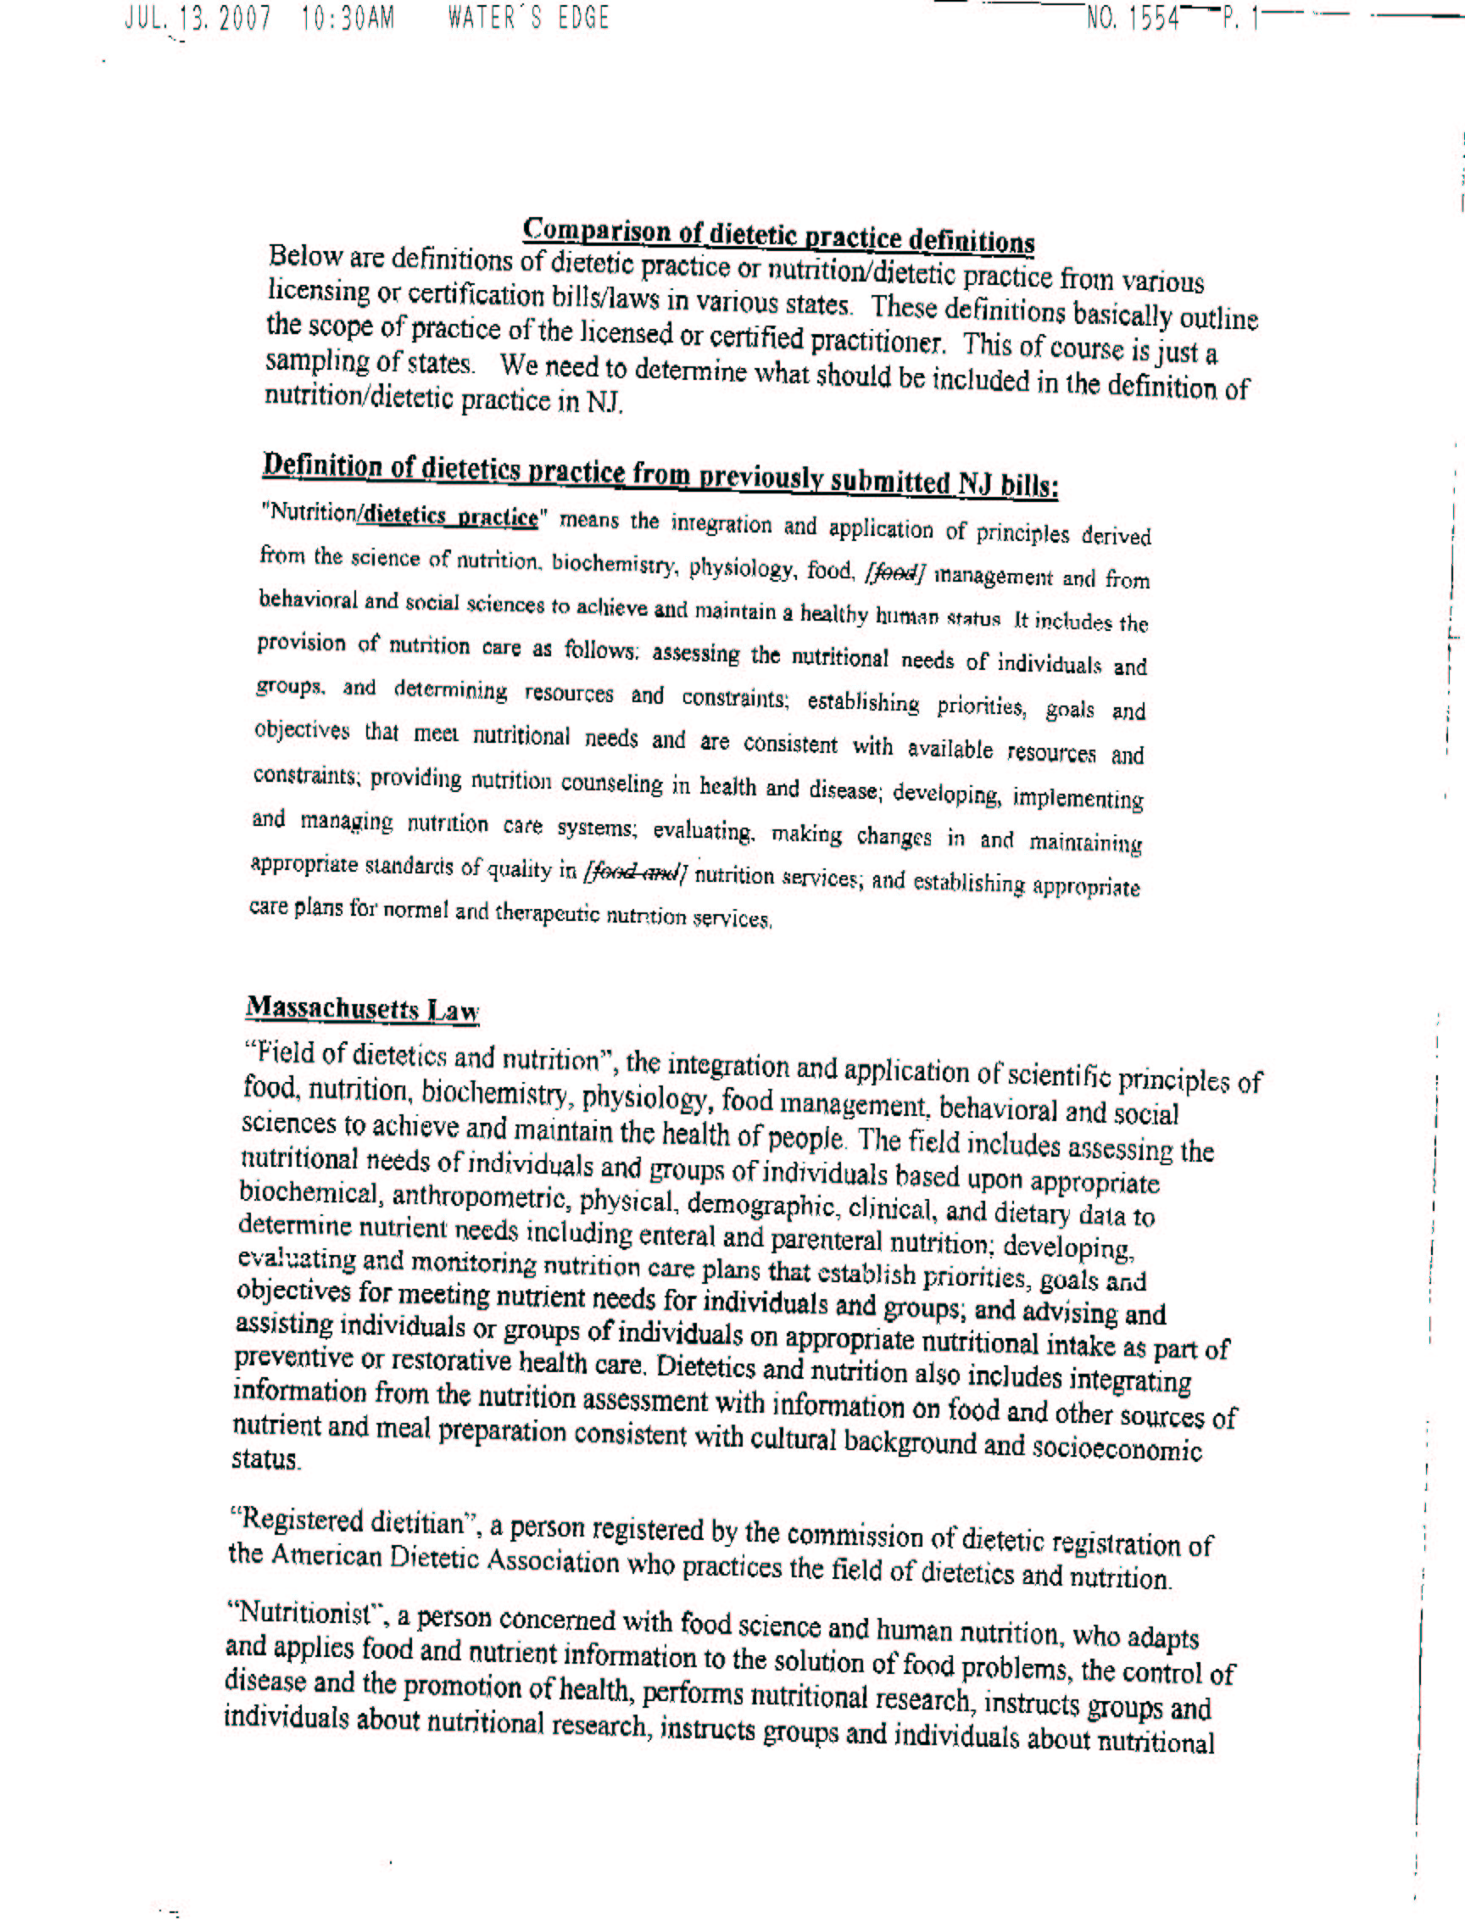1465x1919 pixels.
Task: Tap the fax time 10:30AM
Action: click(348, 19)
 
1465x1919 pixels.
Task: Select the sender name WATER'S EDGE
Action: click(528, 19)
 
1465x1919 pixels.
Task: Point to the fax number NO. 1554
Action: click(1133, 19)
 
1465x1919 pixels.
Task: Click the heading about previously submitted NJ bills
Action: click(660, 475)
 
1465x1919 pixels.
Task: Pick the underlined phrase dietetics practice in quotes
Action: click(450, 516)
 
